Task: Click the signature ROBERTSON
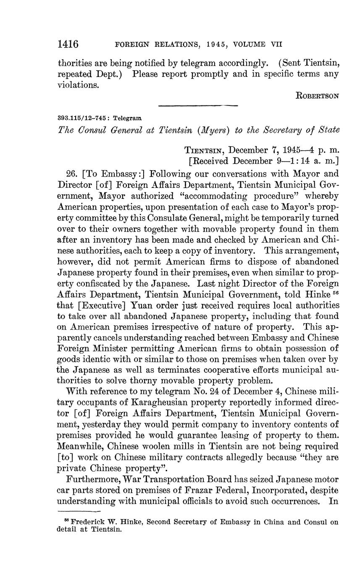[x=318, y=96]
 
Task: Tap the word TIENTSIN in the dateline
[x=205, y=150]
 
